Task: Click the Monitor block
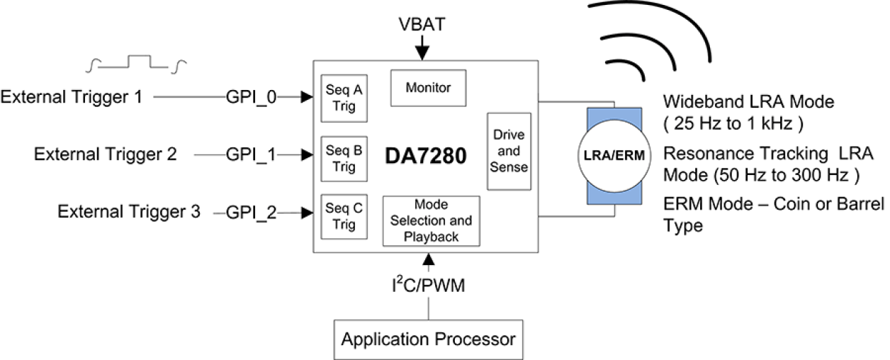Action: pyautogui.click(x=428, y=89)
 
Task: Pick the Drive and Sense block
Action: pyautogui.click(x=509, y=151)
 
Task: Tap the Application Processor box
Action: pyautogui.click(x=429, y=339)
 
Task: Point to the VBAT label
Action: pyautogui.click(x=422, y=25)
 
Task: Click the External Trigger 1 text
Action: pyautogui.click(x=72, y=97)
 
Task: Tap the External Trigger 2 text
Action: pyautogui.click(x=106, y=154)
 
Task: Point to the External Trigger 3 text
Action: pyautogui.click(x=129, y=212)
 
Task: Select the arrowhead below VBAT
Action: pyautogui.click(x=422, y=53)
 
